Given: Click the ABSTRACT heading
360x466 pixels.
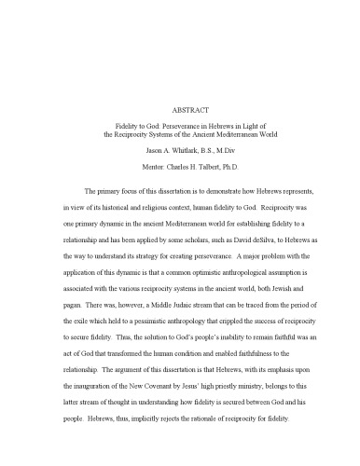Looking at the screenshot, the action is [180, 107].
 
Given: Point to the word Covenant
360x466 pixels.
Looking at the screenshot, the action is [193, 399].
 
